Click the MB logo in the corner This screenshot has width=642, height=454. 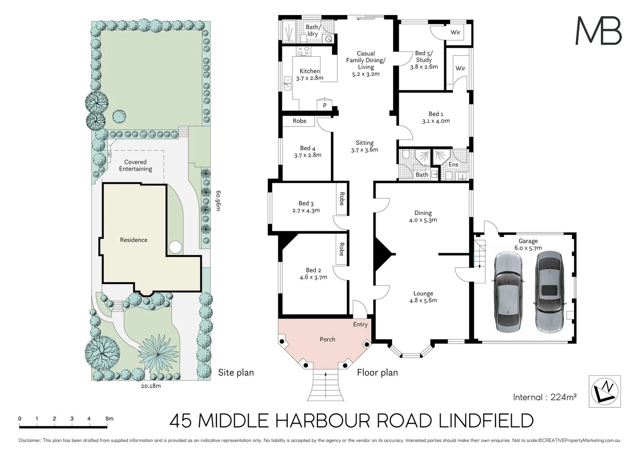598,30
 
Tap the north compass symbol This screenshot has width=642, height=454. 605,391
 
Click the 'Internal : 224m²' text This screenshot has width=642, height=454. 545,397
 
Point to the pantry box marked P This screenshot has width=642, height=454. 324,106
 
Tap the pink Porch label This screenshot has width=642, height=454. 327,339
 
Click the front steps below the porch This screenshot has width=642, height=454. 326,386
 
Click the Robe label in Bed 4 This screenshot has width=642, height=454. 299,121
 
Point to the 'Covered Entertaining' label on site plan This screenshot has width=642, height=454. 135,165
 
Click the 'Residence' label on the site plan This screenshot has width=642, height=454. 134,240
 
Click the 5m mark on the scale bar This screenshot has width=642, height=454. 109,419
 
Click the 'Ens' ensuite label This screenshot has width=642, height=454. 453,164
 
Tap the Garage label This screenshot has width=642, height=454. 528,241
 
